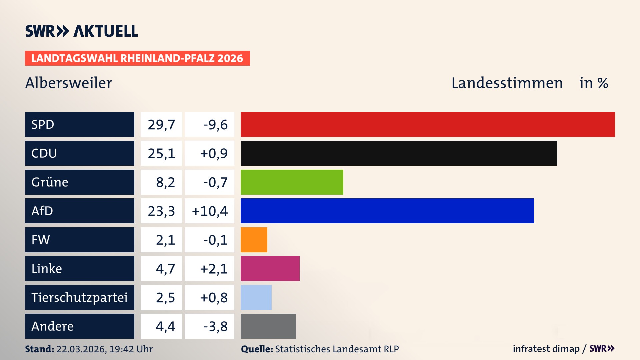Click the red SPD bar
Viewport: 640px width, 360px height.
(427, 124)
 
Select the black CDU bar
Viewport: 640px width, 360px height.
(399, 153)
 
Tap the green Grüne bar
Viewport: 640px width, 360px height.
(292, 182)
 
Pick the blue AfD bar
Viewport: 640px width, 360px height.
(387, 211)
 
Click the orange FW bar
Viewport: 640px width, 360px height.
(254, 240)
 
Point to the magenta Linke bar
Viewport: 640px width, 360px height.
(270, 268)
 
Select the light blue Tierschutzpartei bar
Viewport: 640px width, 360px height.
(256, 297)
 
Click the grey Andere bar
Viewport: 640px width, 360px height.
(268, 326)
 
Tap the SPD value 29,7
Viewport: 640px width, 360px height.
(161, 125)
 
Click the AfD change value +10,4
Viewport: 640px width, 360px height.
(210, 211)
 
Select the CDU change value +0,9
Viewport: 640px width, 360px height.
(214, 153)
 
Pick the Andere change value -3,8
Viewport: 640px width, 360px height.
(215, 326)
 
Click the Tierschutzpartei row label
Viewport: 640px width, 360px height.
(79, 297)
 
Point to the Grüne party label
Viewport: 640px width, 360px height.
(50, 182)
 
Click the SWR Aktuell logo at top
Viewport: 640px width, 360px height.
(82, 31)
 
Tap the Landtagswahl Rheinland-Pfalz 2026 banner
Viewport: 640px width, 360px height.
(137, 58)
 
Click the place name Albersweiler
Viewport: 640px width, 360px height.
(69, 83)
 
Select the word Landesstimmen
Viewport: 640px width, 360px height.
(507, 83)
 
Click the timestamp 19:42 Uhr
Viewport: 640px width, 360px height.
(131, 349)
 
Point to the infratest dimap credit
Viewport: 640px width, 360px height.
(546, 349)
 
